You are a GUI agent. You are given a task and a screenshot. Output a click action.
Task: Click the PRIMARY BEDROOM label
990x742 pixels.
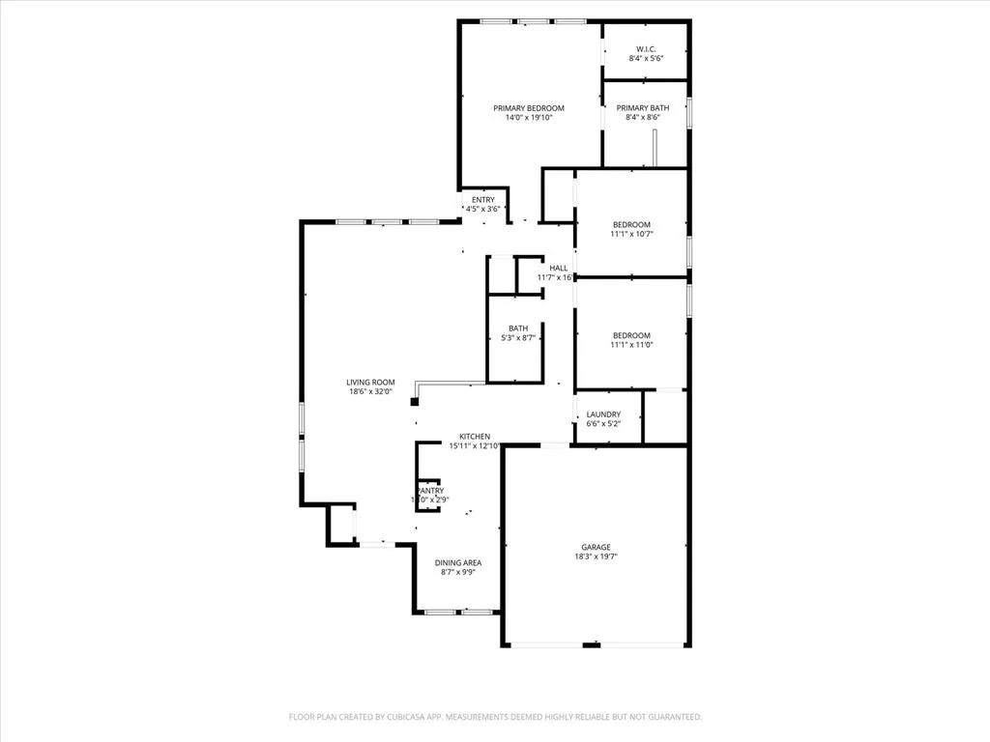point(529,108)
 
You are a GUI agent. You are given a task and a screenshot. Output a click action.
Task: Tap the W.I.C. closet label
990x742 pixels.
point(647,49)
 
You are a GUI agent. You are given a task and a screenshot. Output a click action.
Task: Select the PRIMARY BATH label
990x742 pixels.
point(643,108)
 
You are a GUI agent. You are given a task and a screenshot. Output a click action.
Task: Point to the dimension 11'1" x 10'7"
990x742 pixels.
point(631,234)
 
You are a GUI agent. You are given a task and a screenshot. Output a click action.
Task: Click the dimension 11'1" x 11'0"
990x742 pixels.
point(631,345)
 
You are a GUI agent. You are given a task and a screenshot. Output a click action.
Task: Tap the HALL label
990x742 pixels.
point(559,268)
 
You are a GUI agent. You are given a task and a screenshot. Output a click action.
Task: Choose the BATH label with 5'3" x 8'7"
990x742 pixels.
point(518,328)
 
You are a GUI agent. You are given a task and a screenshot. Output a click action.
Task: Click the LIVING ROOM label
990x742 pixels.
point(371,383)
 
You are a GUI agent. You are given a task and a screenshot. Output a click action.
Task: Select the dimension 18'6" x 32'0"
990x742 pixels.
point(371,392)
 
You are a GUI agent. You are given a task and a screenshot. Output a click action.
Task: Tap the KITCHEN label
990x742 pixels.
point(474,437)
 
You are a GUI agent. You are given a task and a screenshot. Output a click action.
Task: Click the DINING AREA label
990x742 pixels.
point(458,562)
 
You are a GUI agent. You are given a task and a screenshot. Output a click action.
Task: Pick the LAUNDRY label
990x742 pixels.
point(604,414)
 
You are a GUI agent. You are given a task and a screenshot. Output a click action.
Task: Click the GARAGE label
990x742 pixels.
point(596,547)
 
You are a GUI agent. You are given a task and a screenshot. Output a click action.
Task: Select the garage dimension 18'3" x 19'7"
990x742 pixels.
point(596,556)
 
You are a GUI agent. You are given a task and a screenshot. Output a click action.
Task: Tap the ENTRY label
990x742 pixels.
point(482,200)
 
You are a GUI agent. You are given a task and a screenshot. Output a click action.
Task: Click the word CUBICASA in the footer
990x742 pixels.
point(405,717)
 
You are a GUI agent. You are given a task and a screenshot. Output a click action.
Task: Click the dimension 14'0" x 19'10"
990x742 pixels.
point(529,118)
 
